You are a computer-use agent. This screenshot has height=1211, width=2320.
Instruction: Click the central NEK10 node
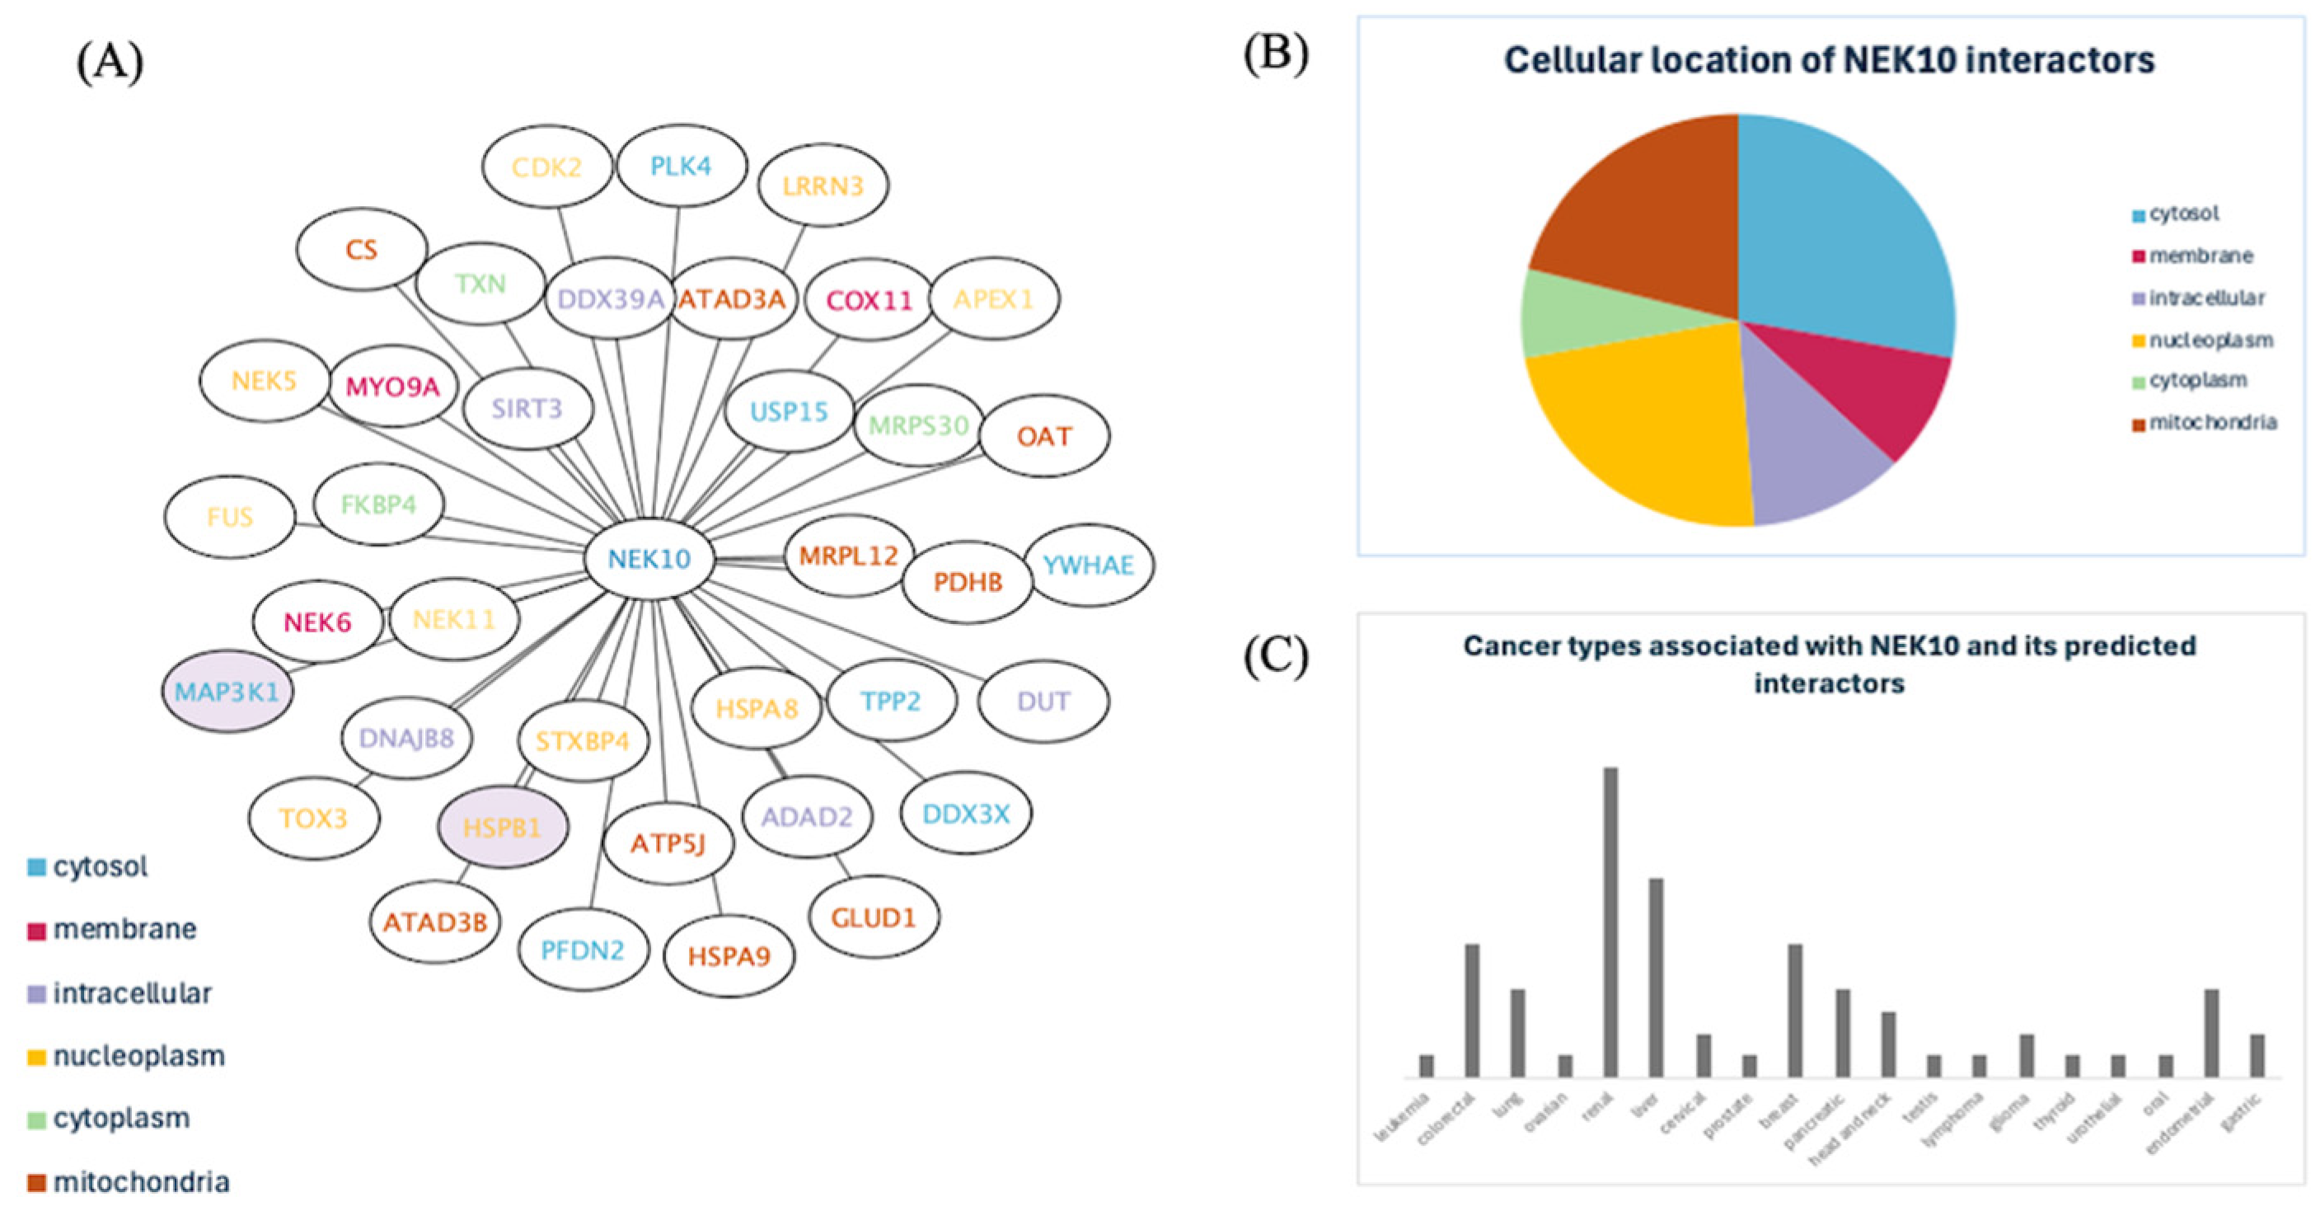coord(649,560)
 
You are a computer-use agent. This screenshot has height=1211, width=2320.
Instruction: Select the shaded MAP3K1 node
coord(227,692)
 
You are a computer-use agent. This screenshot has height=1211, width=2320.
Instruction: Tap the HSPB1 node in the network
coord(503,827)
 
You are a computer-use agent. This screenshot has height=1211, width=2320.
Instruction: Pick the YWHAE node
coord(1088,566)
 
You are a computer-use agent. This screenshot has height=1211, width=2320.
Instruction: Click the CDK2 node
coord(546,167)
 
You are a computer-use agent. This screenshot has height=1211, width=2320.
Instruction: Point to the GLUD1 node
coord(873,918)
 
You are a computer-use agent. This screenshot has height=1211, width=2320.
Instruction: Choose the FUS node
coord(230,517)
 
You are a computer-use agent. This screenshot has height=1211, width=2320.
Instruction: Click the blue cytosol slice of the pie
coord(1846,234)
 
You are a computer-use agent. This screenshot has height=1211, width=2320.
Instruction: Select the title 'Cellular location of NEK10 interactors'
coord(1829,60)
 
